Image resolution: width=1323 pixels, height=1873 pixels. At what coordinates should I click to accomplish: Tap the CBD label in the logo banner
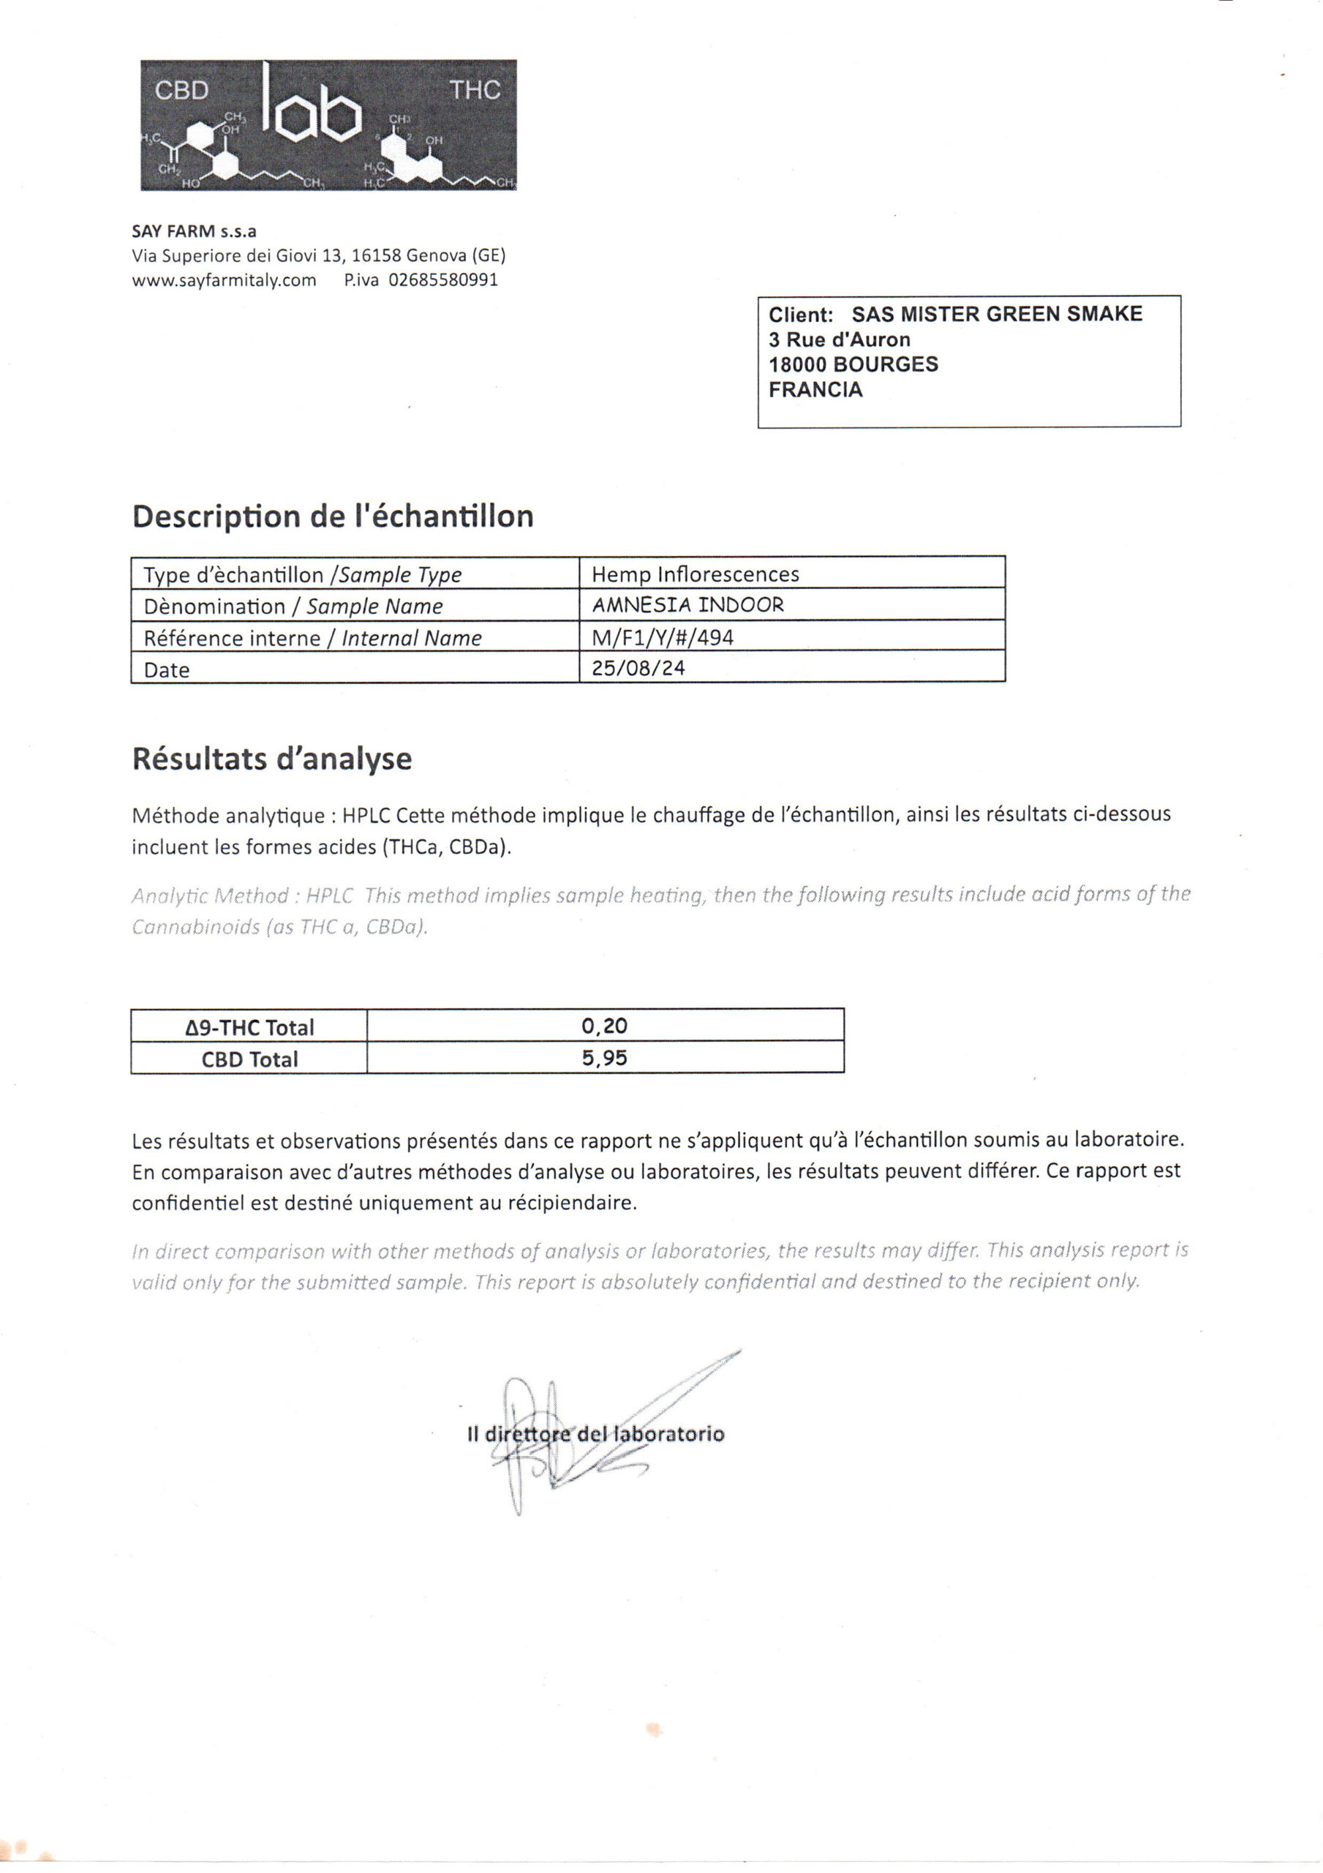[182, 90]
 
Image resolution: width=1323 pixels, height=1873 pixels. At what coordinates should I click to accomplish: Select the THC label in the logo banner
[475, 90]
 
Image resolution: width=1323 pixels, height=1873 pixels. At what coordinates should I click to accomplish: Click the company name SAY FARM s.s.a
[194, 232]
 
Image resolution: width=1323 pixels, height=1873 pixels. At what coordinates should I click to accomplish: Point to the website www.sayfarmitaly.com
[225, 281]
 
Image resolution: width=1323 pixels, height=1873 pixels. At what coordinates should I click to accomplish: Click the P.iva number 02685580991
[443, 281]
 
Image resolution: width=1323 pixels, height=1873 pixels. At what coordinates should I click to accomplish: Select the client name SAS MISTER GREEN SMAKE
[997, 314]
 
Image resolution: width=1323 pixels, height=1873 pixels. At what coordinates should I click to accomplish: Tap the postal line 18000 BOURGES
[853, 364]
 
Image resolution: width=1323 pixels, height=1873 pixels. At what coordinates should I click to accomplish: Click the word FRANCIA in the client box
[815, 390]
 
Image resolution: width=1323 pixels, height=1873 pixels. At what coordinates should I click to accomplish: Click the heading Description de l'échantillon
[333, 517]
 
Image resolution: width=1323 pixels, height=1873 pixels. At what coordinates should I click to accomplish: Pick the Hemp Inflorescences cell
[695, 574]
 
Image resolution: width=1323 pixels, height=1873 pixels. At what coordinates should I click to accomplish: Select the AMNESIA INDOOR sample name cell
[687, 605]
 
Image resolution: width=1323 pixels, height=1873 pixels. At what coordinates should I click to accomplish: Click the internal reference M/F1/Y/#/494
[663, 637]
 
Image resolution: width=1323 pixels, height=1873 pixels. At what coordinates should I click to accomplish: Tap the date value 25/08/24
[638, 668]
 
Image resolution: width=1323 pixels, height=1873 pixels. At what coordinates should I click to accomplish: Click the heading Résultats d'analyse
[271, 759]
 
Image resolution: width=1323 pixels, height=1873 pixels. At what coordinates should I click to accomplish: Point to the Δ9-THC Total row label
[249, 1027]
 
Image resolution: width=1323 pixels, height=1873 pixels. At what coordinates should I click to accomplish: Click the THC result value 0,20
[604, 1026]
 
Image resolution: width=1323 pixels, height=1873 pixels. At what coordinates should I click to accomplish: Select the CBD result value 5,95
[604, 1058]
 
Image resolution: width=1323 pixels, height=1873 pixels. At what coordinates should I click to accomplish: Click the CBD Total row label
[249, 1059]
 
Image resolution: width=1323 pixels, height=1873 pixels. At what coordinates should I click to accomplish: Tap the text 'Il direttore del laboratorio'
[595, 1433]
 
